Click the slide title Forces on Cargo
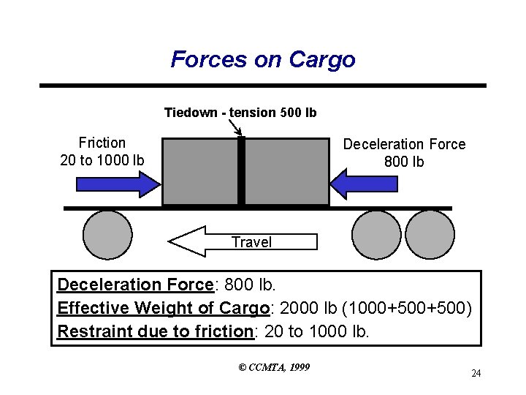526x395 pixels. tap(263, 59)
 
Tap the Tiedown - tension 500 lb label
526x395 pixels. tap(240, 113)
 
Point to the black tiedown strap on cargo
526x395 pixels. tap(241, 172)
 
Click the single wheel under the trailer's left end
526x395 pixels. tap(107, 235)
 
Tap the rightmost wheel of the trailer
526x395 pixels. tap(430, 235)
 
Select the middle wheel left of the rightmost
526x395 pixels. tap(376, 235)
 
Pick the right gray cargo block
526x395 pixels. tap(286, 172)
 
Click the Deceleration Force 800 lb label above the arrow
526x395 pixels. tap(404, 152)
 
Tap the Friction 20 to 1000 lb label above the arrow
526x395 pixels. tap(102, 151)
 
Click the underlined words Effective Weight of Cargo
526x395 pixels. tap(163, 308)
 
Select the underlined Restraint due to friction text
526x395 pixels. tap(155, 331)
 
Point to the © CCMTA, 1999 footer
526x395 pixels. tap(274, 366)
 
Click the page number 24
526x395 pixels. tap(476, 374)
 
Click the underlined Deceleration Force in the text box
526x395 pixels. tap(134, 285)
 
